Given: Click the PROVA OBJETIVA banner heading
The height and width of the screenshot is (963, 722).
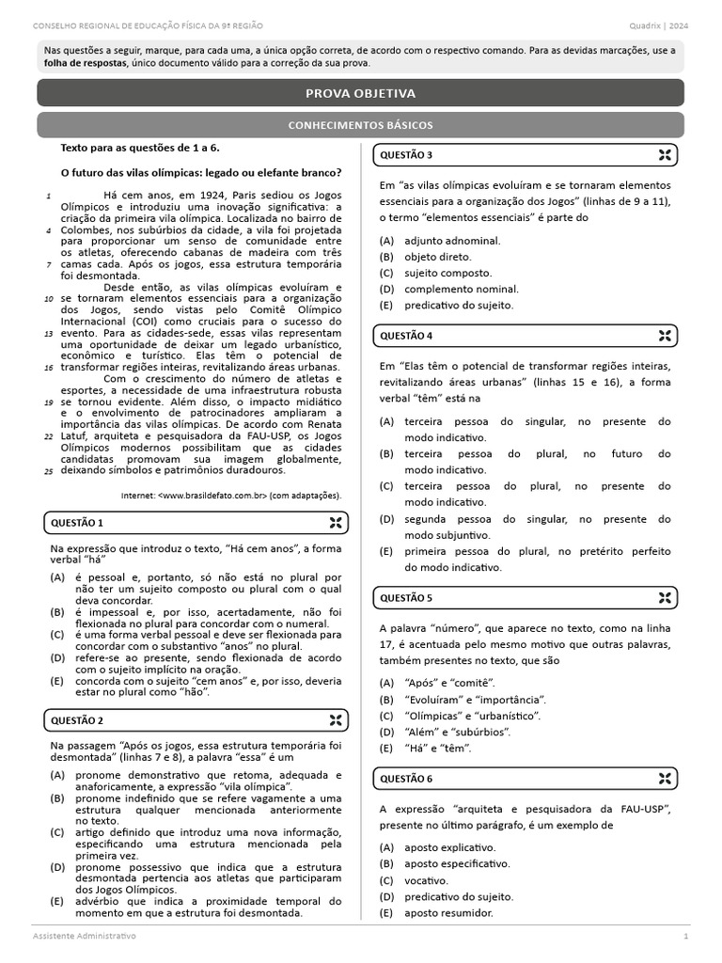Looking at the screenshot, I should pos(361,93).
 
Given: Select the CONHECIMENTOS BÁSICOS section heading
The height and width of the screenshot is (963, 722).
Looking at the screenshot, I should pos(361,125).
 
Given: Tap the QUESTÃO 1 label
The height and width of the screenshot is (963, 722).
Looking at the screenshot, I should pos(77,523).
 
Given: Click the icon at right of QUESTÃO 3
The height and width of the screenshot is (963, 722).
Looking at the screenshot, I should pos(665,155).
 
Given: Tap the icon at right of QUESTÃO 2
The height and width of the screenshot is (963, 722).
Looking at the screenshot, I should pos(335,720).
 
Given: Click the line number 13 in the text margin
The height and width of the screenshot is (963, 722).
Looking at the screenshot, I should pos(48,333).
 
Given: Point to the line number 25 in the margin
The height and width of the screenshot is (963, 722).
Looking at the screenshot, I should pos(48,470).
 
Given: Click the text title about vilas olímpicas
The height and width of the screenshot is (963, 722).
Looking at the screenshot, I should pos(200,173).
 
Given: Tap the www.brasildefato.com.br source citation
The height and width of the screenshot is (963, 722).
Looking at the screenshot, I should pos(231,495).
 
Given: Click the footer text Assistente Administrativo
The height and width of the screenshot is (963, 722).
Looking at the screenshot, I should pos(84,937).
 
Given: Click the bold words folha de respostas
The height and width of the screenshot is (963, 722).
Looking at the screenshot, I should pos(86,63).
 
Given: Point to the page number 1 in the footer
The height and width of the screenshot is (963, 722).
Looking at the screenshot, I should pos(685,937).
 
